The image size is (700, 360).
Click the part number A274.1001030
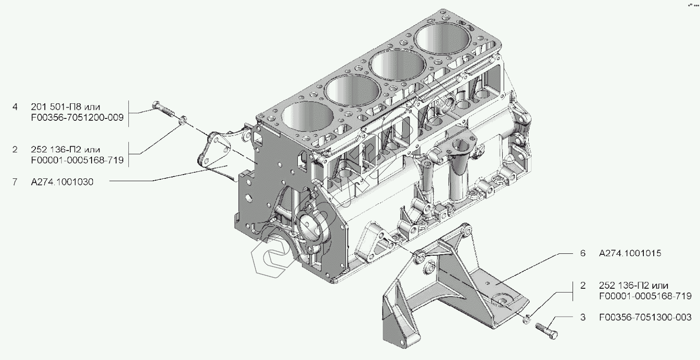(62, 182)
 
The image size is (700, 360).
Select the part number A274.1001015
(630, 253)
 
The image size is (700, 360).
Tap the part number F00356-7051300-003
(645, 318)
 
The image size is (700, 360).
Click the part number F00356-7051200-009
(77, 117)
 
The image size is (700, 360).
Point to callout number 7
(15, 182)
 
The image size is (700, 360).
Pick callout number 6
(583, 253)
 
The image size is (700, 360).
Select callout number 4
(15, 107)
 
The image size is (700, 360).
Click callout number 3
(583, 318)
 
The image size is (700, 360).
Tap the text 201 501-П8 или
(65, 107)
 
